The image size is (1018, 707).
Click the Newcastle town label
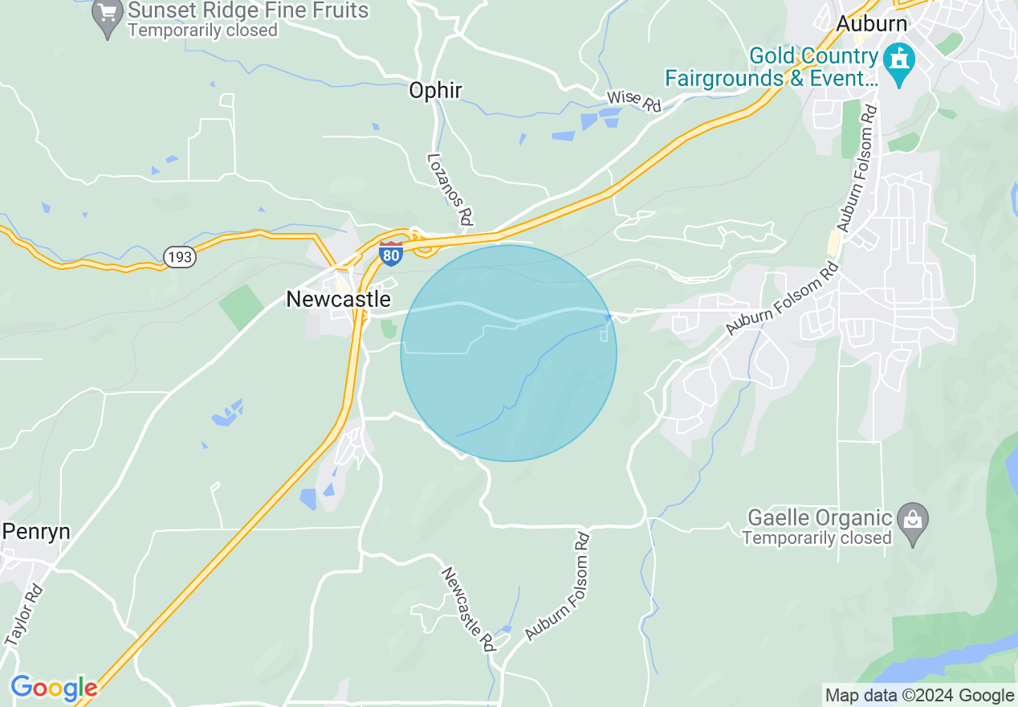338,300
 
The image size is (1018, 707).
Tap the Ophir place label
435,91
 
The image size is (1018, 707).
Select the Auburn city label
871,23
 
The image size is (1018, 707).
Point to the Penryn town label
36,532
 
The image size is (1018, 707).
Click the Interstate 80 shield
391,253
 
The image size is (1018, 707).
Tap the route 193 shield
179,257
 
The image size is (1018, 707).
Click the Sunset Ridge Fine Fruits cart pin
107,17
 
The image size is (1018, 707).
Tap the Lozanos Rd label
449,189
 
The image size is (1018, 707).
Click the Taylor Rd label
24,615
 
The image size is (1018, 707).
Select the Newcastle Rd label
467,608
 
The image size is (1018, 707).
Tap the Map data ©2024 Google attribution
920,696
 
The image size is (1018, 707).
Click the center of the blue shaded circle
509,353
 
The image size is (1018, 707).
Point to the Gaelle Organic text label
819,527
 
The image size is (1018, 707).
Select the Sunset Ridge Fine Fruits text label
248,19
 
